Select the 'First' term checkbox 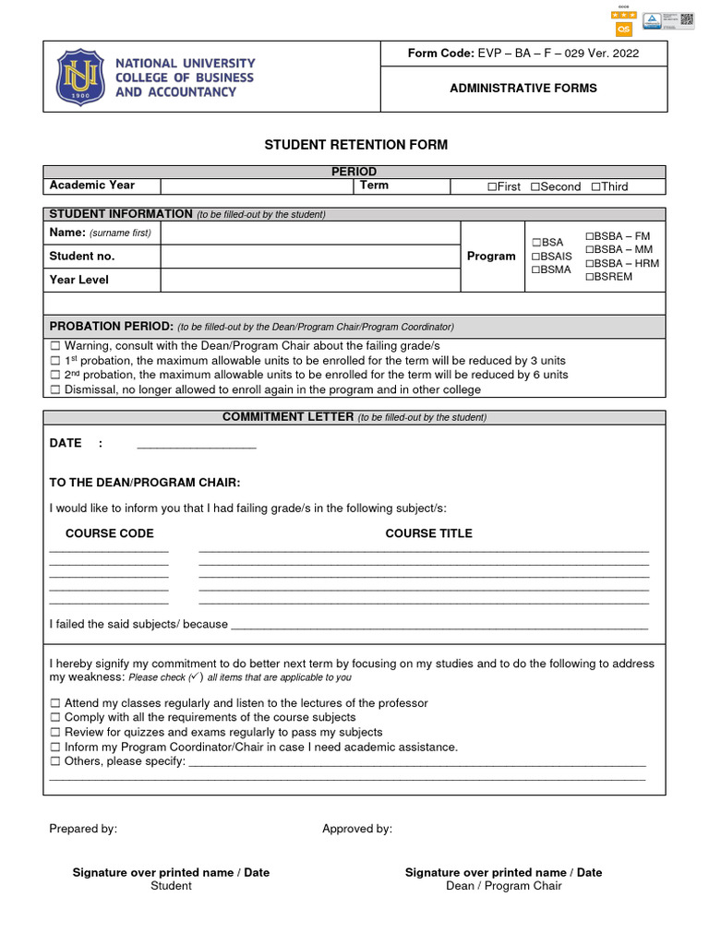click(492, 187)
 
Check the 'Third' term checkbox click(595, 187)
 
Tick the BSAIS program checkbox click(535, 257)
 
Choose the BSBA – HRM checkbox click(589, 264)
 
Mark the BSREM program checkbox click(589, 277)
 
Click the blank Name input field click(310, 233)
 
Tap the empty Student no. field click(310, 256)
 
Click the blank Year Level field click(310, 280)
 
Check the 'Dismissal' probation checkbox click(54, 390)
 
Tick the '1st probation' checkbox click(54, 361)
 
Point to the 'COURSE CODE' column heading click(109, 533)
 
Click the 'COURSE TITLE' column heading click(428, 533)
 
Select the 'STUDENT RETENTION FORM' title click(355, 145)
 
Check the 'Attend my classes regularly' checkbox click(54, 703)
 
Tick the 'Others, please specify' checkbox click(54, 762)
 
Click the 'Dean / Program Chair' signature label click(503, 886)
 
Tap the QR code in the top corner click(686, 20)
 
